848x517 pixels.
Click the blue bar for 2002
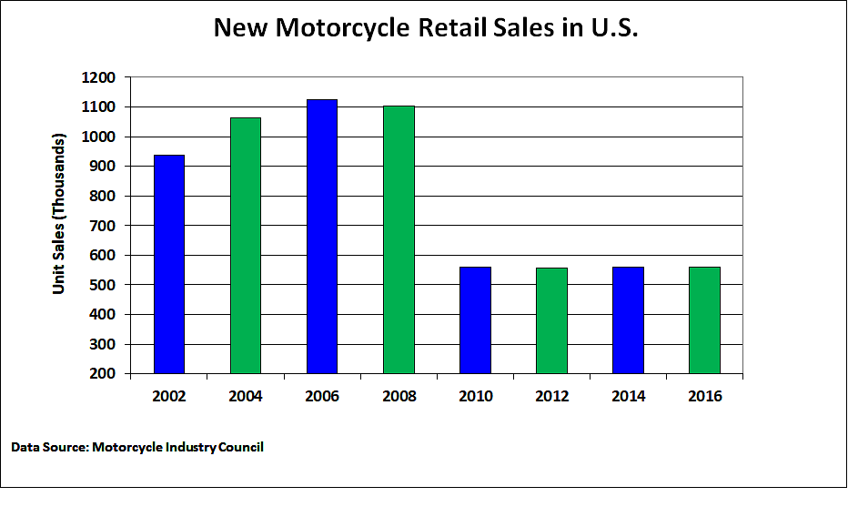click(169, 264)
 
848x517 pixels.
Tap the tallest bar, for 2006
click(322, 237)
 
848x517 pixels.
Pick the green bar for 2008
click(399, 239)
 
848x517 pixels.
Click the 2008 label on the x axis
click(399, 396)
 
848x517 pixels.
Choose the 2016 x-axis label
click(704, 396)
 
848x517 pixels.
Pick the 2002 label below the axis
click(169, 396)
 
